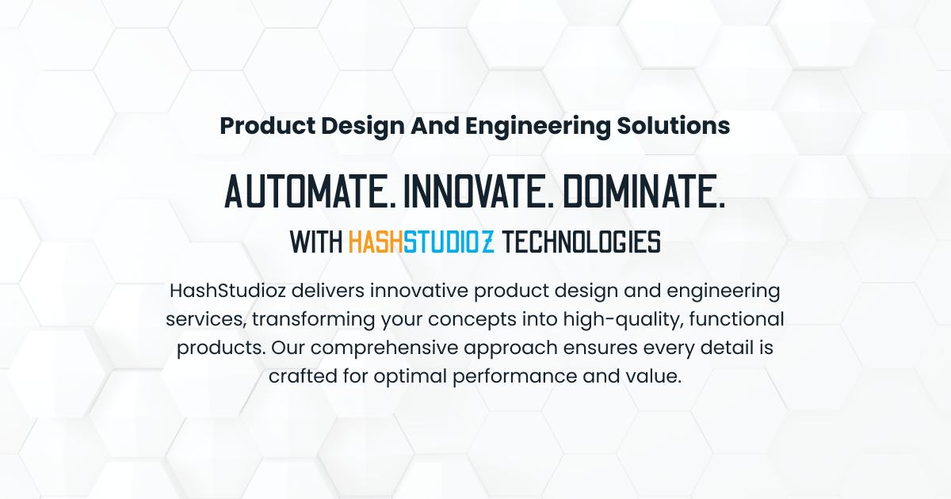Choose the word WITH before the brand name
pos(315,242)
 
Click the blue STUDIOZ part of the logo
pos(449,242)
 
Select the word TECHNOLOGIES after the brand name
pos(581,242)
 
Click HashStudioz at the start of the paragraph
pos(227,291)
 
